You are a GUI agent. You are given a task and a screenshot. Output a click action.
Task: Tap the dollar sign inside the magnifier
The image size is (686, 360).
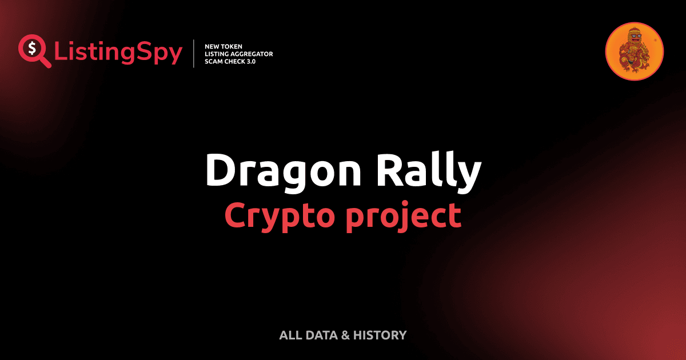click(x=31, y=47)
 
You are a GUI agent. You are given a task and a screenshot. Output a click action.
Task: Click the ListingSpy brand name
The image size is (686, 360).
click(x=118, y=53)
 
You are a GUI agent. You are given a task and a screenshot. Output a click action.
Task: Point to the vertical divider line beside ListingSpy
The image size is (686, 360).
click(x=195, y=54)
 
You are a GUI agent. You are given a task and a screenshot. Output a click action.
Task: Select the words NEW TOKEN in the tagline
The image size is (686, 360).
click(x=224, y=46)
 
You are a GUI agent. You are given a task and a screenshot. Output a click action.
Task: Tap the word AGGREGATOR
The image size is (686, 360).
click(x=253, y=54)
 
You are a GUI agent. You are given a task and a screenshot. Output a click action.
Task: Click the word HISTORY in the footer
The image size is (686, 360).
click(x=380, y=335)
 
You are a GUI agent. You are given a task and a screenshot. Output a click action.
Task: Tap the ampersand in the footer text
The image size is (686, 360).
click(x=345, y=335)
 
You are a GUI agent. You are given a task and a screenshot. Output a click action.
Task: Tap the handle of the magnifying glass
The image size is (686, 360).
click(x=44, y=61)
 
